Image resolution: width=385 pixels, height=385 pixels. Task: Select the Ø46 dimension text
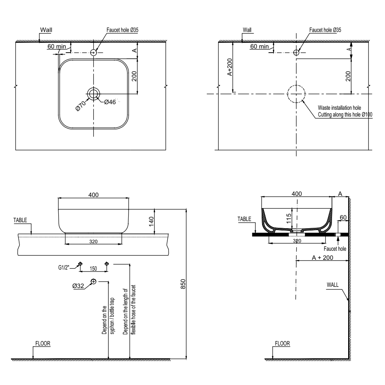(x=110, y=102)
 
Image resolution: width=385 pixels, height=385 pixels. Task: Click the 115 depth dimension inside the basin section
(x=288, y=218)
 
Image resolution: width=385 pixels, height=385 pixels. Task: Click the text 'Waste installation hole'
(x=340, y=108)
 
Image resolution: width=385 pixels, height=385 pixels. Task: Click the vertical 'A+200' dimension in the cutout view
(x=229, y=68)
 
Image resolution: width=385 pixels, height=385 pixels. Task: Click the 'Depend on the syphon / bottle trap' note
(x=108, y=318)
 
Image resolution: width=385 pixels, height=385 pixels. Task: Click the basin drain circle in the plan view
(x=93, y=94)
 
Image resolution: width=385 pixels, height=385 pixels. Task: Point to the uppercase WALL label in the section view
(x=333, y=285)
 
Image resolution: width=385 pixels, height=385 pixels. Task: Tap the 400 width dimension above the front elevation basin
(x=93, y=195)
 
